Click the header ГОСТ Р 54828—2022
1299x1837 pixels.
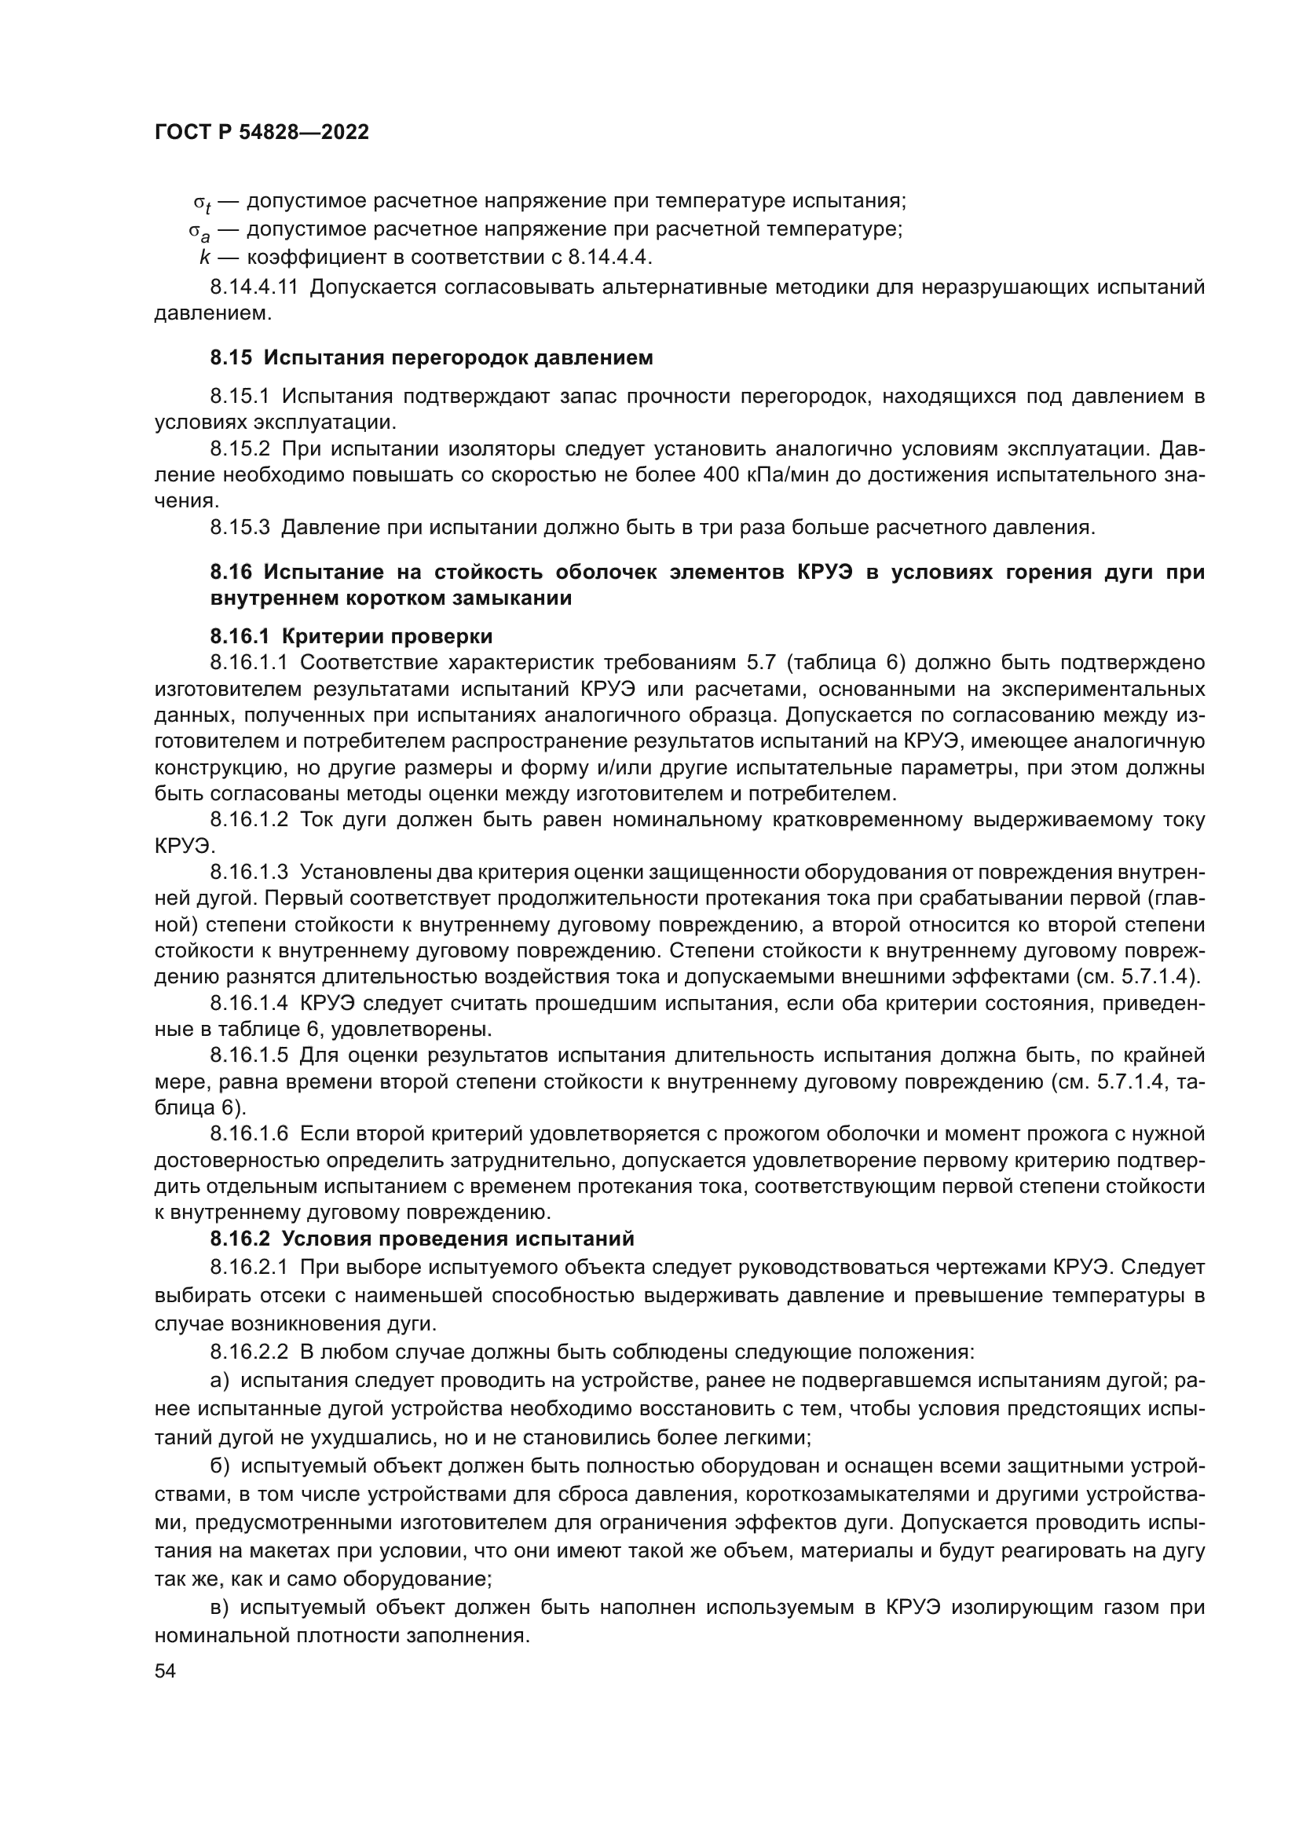262,133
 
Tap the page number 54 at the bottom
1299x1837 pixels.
165,1670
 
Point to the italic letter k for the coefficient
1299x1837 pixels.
205,258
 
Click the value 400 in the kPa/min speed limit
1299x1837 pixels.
725,475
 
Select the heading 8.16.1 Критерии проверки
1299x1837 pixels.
351,637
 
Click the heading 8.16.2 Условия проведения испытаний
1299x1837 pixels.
422,1239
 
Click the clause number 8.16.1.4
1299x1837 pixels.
249,1003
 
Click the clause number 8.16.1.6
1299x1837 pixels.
249,1135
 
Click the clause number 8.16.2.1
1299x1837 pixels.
248,1268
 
